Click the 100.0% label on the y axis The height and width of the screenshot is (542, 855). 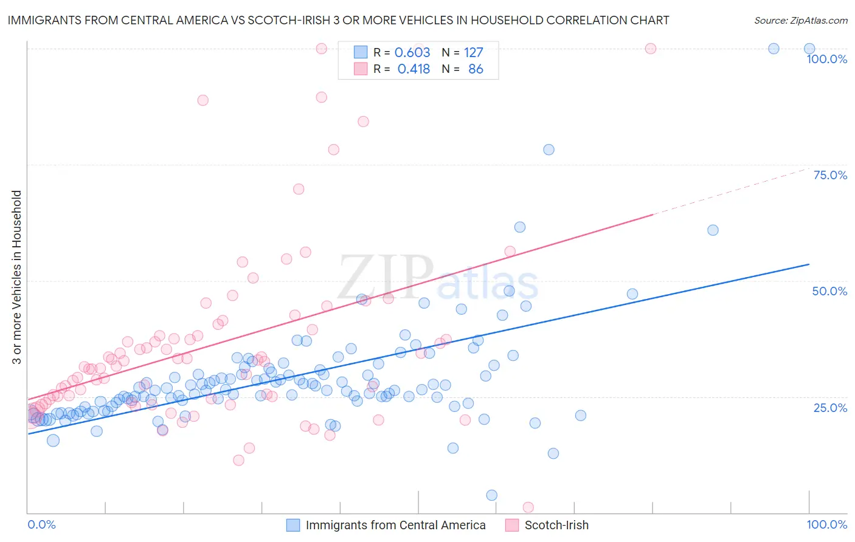(826, 59)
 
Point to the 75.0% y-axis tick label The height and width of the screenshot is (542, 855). (830, 175)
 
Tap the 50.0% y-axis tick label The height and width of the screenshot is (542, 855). (829, 291)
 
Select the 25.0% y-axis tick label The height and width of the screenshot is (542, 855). (830, 408)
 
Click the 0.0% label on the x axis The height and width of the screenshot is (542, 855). (41, 524)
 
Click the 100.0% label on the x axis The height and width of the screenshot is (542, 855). (826, 524)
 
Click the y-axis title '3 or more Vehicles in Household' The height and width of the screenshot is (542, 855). (17, 277)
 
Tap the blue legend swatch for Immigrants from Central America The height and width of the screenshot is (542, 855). (293, 525)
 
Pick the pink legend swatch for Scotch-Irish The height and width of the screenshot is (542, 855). (512, 525)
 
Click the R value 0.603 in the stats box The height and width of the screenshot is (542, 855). (412, 53)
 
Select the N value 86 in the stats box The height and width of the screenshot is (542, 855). (476, 69)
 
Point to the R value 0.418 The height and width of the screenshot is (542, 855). (414, 69)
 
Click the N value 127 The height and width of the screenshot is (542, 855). (473, 53)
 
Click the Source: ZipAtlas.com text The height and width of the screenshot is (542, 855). (800, 20)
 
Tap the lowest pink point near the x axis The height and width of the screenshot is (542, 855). (528, 507)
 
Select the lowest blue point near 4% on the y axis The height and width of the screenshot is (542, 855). (492, 495)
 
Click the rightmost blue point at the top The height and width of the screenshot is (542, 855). (809, 49)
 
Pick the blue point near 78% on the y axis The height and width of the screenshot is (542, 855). (549, 149)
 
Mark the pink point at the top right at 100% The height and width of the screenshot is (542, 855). (651, 49)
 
